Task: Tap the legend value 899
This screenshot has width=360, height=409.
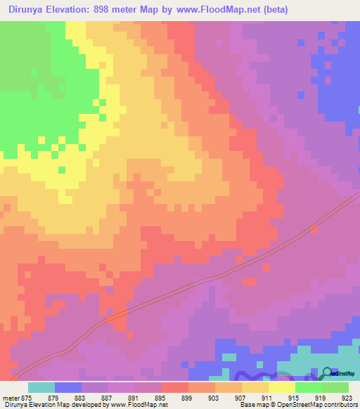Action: point(188,397)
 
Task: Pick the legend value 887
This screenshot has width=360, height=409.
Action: point(108,397)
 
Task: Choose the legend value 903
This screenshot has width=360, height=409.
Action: point(214,397)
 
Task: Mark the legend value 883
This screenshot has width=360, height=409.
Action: point(81,397)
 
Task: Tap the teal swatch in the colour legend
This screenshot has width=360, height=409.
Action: point(41,387)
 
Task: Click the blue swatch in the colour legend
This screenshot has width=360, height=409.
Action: point(68,387)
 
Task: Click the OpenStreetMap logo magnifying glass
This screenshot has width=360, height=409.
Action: point(328,373)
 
